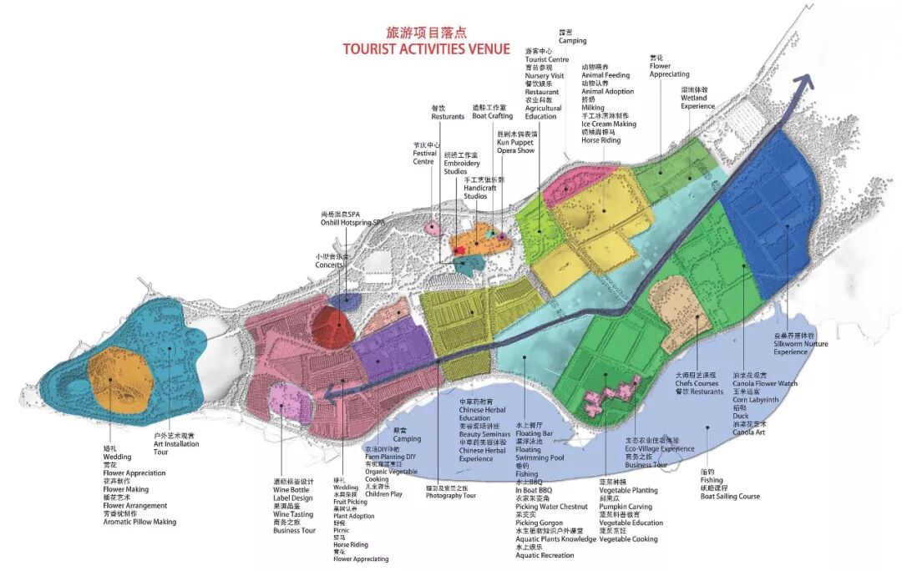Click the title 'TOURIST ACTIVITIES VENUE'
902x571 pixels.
tap(426, 48)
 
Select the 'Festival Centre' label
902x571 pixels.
tap(424, 157)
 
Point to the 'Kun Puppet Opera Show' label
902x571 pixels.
tap(515, 146)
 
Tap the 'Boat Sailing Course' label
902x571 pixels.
tap(730, 496)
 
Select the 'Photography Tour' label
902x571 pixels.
tap(450, 495)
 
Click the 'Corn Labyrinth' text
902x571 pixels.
tap(755, 400)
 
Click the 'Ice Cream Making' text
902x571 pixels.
tap(609, 124)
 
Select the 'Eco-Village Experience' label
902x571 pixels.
tap(660, 448)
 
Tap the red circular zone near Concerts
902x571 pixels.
tap(337, 326)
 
